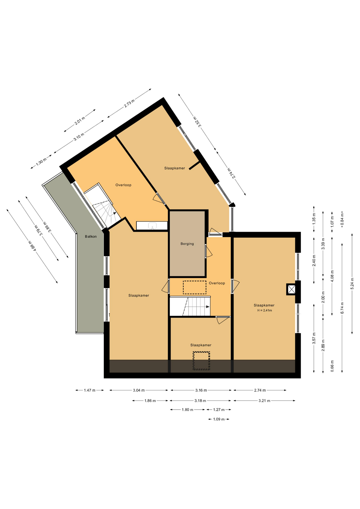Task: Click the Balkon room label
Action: point(91,236)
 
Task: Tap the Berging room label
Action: point(187,244)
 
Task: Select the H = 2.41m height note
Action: point(265,310)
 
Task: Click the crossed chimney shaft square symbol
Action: point(291,289)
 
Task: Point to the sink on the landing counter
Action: point(152,226)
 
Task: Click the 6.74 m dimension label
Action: point(342,308)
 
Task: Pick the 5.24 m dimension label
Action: point(352,283)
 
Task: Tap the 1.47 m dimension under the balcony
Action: point(90,390)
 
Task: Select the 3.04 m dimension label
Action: point(139,390)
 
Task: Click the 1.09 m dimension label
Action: point(219,419)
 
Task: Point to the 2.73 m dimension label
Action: point(129,103)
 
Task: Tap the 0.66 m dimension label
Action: point(332,366)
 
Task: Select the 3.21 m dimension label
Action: point(264,401)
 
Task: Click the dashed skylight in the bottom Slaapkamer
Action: point(201,361)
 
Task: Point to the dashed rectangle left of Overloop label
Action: point(195,287)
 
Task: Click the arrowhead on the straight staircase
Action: point(208,307)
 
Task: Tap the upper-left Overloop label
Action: point(123,185)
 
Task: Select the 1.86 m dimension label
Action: point(150,401)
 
